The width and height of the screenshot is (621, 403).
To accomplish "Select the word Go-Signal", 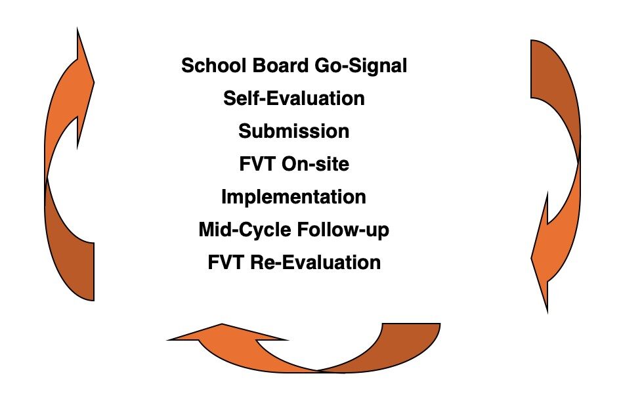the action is tap(361, 66).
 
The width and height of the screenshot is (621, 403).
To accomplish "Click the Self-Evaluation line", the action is tap(294, 98).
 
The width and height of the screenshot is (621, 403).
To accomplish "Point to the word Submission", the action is tap(294, 131).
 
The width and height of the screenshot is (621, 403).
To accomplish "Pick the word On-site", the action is tap(316, 164).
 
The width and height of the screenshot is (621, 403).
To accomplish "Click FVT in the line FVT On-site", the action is tap(257, 164).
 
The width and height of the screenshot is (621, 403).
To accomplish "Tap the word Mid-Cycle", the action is tap(245, 230).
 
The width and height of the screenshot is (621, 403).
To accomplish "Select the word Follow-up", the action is tap(343, 230).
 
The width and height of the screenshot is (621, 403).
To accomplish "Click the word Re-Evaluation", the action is tap(316, 263).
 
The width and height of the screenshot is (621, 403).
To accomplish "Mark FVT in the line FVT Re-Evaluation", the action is tap(226, 263).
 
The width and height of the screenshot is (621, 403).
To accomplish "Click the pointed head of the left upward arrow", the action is tap(77, 28).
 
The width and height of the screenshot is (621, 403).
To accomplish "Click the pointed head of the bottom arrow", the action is tap(167, 339).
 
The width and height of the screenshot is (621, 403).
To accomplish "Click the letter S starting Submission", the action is tap(244, 131).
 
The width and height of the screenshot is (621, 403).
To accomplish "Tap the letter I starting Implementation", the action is tap(224, 197).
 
